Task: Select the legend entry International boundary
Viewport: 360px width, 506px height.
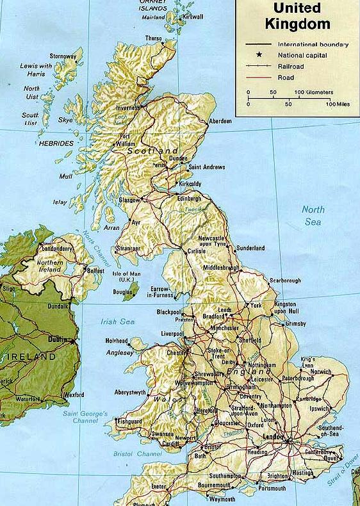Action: point(313,44)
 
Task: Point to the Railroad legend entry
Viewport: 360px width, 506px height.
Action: point(290,66)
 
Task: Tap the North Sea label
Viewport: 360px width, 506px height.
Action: point(313,216)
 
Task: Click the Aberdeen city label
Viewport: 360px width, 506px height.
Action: point(220,121)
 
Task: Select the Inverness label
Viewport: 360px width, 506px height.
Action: point(127,108)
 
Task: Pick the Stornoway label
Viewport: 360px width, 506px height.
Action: point(63,56)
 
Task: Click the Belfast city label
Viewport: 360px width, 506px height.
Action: point(95,271)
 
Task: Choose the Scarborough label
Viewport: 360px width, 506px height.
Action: point(284,281)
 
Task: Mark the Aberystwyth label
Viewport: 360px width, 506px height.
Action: point(130,392)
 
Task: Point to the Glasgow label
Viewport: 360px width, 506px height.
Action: point(129,200)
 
